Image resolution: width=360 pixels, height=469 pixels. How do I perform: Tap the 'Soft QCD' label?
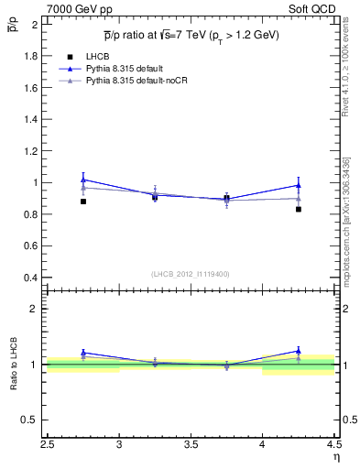coord(314,8)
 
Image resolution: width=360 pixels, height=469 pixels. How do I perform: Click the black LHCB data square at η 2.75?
coord(83,202)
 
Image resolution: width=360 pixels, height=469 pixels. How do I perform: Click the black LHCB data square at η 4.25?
coord(299,209)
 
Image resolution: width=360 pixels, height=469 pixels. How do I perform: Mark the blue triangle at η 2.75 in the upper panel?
coord(83,180)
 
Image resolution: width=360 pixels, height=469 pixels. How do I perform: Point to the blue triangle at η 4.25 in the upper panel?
coord(299,185)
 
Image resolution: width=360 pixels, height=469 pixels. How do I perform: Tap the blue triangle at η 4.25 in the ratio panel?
coord(299,351)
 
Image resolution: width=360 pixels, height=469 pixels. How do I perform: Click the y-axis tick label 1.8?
coord(29,56)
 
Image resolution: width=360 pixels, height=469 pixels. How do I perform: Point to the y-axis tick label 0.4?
coord(29,278)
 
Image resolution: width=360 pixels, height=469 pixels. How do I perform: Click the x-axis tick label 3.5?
coord(191,446)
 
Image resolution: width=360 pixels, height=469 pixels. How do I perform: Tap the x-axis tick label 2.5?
coord(48,446)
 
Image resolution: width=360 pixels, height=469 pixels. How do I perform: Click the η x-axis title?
coord(335,457)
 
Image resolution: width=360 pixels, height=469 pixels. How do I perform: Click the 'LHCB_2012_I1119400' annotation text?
coord(191,274)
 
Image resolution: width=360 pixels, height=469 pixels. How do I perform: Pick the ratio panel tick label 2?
coord(33,309)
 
